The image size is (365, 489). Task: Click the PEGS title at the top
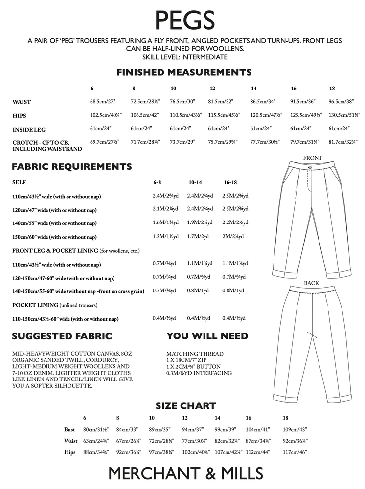coord(184,21)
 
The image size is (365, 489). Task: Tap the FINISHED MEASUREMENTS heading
coord(184,73)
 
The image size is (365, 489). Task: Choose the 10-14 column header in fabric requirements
coord(195,182)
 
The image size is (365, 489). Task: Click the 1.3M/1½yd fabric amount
coord(165,237)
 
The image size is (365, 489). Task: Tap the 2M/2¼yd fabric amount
coord(233,237)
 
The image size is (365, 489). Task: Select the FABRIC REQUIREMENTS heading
coord(71,166)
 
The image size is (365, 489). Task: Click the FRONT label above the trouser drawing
coord(313,158)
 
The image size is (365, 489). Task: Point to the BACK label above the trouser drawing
coord(311,283)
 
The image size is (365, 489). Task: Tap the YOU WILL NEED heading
coord(207,336)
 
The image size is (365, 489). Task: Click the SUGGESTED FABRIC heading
coord(62,336)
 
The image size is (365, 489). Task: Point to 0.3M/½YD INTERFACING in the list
coord(199,373)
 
